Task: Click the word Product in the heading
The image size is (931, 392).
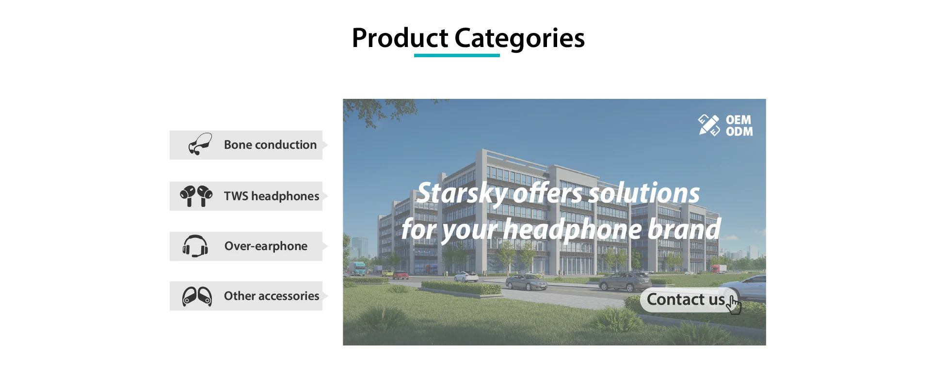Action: pos(400,38)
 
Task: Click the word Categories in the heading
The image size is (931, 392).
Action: pos(519,39)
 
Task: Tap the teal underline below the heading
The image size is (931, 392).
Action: pos(457,55)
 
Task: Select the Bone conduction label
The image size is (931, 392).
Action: pos(270,145)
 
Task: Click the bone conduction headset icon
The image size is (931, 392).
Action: pos(200,144)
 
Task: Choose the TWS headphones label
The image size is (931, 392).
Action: pos(272,196)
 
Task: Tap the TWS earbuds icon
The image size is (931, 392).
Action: pos(196,196)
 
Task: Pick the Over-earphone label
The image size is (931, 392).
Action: pos(266,246)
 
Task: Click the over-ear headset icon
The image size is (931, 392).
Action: pos(195,246)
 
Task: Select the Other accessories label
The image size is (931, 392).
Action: pos(272,296)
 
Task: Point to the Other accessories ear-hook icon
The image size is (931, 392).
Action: pos(197,296)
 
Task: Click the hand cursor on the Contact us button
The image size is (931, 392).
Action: pos(735,305)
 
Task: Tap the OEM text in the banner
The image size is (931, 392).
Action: pos(738,120)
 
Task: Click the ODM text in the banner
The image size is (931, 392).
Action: pos(739,131)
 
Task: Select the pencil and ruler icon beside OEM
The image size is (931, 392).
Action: pos(709,125)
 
